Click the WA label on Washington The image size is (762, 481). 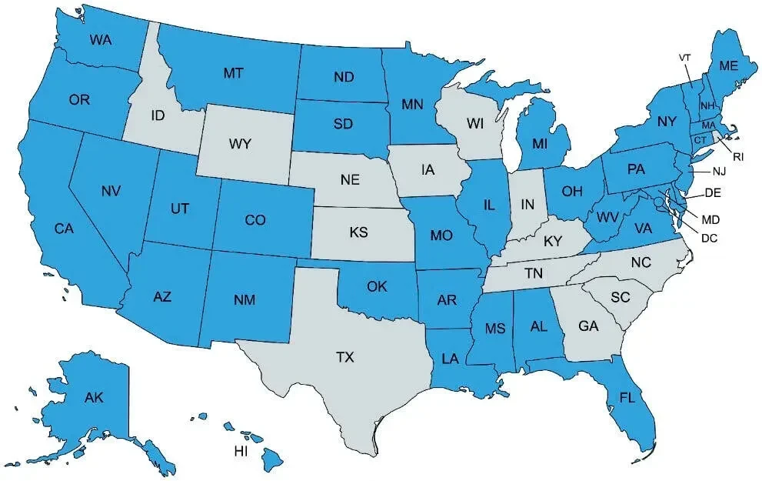click(x=101, y=39)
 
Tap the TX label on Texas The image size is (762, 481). click(x=345, y=357)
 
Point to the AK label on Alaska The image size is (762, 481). click(x=94, y=397)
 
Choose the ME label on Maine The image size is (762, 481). click(x=730, y=66)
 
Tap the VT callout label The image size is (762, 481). click(x=686, y=58)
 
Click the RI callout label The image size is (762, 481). click(x=738, y=156)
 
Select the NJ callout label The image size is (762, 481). click(x=719, y=171)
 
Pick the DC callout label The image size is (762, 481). click(x=710, y=239)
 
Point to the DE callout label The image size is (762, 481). click(x=712, y=192)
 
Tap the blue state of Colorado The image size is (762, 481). click(x=255, y=221)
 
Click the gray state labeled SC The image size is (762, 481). click(x=620, y=297)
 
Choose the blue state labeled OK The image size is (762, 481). click(x=376, y=287)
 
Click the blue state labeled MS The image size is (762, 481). click(x=494, y=329)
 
